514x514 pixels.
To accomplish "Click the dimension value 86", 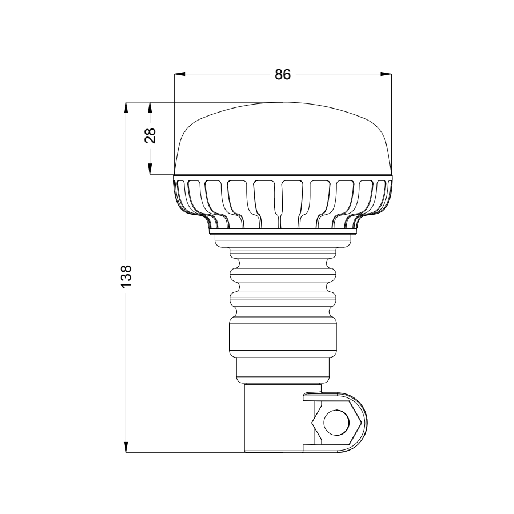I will pos(283,74).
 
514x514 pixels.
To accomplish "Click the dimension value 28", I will pos(150,135).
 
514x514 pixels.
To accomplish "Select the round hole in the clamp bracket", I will pos(335,423).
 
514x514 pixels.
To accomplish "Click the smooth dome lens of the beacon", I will pos(283,140).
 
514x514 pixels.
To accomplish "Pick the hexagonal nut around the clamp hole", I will pos(318,423).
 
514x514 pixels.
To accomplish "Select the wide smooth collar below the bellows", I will pos(282,339).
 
